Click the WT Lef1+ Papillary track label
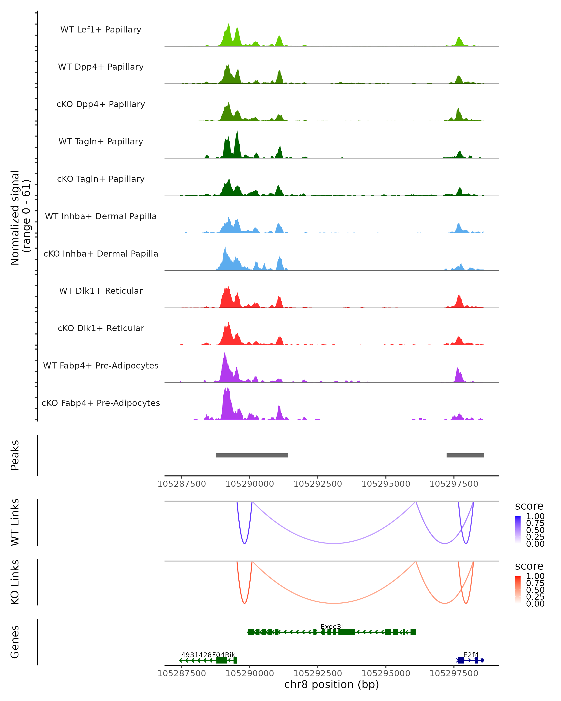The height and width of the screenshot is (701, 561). pos(101,30)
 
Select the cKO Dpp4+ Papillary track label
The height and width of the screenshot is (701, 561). pos(101,104)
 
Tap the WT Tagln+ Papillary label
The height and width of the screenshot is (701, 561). pos(101,142)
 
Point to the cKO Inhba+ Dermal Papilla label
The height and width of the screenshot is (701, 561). pos(101,254)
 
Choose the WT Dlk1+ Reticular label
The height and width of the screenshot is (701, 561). pos(101,291)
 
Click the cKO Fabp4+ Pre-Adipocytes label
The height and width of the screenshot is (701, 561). pos(101,403)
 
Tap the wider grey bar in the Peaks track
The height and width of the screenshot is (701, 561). pos(252,455)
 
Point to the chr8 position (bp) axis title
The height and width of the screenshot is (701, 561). pos(331,684)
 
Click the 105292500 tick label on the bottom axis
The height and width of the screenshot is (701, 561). pos(317,673)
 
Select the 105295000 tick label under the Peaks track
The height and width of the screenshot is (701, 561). pos(386,484)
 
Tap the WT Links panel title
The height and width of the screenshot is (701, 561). pos(15,522)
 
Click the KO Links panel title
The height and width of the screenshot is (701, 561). pos(15,582)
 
